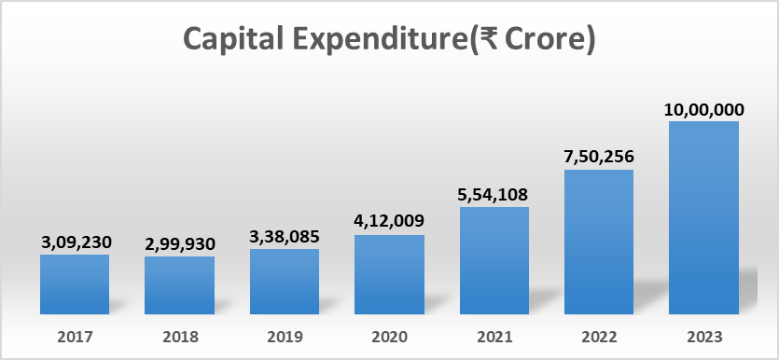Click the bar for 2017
75,284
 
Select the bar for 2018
179,285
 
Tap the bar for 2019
285,282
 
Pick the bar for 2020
389,274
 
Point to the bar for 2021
494,260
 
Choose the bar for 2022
599,242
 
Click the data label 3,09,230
76,242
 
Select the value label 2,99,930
180,243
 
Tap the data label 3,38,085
285,236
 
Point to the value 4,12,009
389,221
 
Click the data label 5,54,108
494,194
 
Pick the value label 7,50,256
599,156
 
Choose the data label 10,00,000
703,108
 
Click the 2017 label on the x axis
75,337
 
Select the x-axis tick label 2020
389,337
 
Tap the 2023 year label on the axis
703,337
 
